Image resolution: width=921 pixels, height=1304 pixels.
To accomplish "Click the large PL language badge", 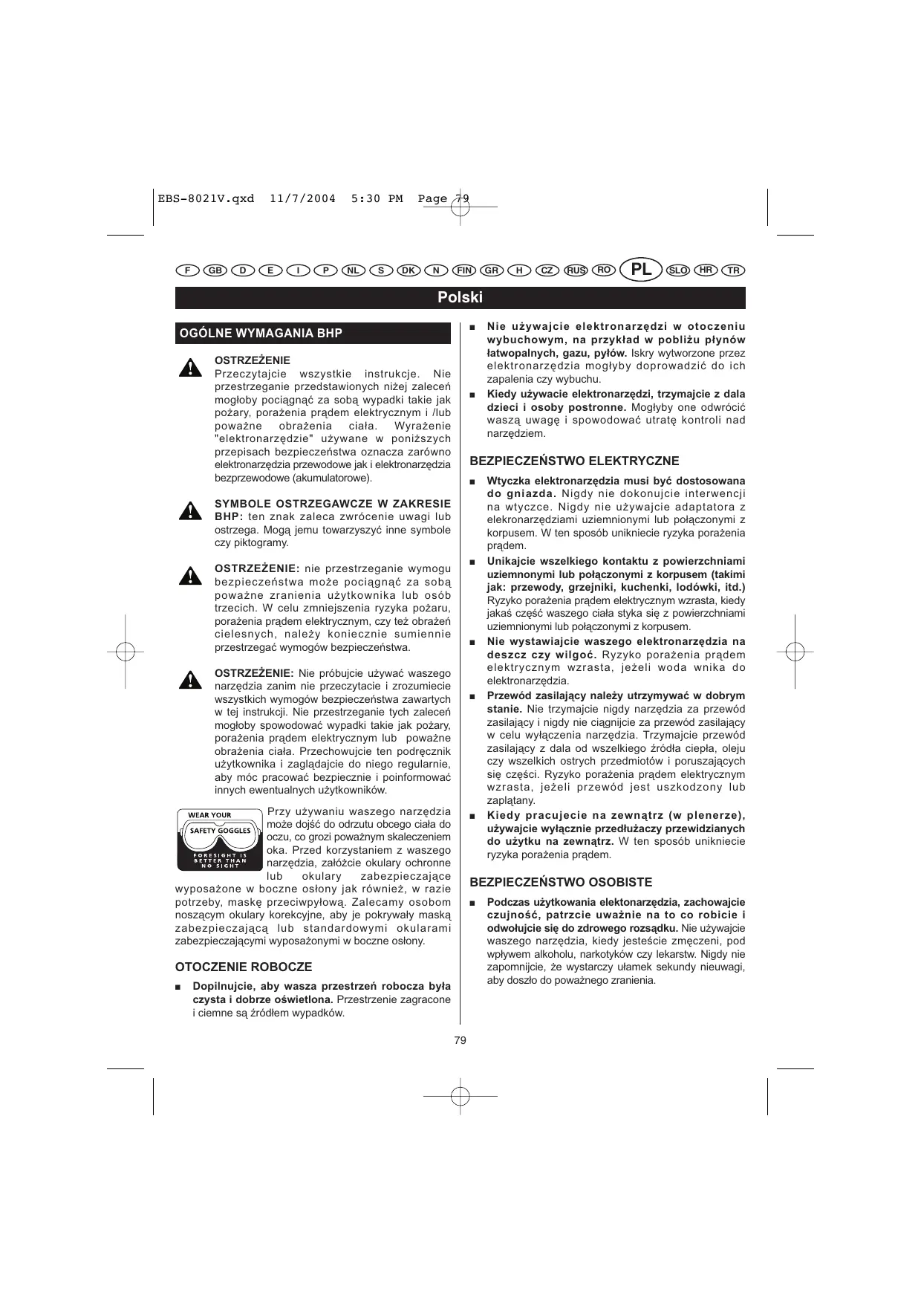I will click(641, 270).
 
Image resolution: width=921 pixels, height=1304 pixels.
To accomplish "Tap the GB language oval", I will click(215, 270).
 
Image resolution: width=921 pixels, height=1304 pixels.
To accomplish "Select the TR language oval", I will click(734, 270).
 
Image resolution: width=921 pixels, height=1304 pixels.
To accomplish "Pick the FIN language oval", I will click(464, 270).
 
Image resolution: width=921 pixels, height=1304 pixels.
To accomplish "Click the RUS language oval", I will click(576, 270).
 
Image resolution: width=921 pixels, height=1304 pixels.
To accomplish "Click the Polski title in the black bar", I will click(460, 297).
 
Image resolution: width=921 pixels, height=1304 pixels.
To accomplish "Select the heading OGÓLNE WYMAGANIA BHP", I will click(261, 333).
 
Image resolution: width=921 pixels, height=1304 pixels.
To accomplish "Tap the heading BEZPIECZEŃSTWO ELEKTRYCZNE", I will click(574, 461).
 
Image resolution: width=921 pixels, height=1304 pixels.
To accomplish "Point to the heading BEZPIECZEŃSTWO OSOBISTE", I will click(561, 882).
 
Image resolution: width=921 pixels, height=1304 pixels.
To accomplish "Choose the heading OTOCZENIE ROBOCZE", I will click(244, 967).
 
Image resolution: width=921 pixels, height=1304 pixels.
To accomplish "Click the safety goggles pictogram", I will click(219, 840).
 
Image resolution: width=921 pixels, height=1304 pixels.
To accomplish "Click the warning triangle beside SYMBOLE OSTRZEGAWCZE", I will click(191, 511).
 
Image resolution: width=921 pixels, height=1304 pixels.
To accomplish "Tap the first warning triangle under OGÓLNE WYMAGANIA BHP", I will click(191, 367).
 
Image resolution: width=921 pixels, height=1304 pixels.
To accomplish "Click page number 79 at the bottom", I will click(460, 1039).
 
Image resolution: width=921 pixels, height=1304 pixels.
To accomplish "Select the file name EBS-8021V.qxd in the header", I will click(206, 198).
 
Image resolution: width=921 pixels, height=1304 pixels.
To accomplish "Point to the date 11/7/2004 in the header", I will click(302, 198).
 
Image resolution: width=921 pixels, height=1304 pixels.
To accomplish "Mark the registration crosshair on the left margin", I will click(126, 652).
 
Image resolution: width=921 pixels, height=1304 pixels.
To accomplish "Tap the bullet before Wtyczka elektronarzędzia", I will click(472, 481).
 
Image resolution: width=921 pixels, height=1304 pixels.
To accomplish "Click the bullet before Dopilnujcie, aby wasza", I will click(178, 987).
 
